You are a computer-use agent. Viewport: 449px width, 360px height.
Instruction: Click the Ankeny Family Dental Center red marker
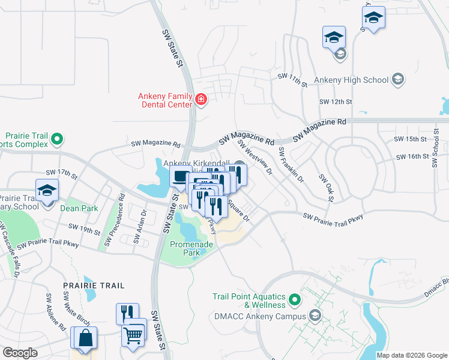pos(200,99)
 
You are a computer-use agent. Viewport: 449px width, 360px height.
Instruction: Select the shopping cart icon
pos(134,334)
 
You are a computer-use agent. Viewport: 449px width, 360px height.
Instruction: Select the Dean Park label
pos(80,208)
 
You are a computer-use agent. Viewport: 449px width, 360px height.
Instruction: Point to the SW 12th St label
pos(335,102)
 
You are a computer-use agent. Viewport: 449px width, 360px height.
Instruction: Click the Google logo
pos(20,353)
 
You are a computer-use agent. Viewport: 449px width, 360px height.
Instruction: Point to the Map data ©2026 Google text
pos(412,355)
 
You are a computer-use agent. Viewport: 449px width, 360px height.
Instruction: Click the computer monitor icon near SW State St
pos(181,178)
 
